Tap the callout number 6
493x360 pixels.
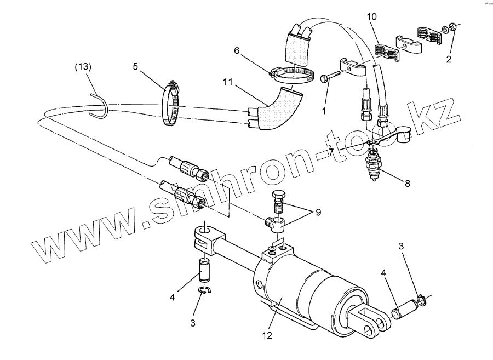coord(237,50)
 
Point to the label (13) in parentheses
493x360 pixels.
coord(83,67)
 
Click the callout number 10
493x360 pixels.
coord(371,18)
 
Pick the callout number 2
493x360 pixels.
coord(448,59)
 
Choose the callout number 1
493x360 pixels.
coord(325,110)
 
